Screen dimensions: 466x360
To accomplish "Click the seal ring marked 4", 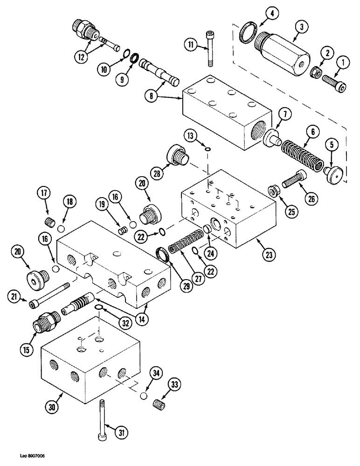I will (246, 34).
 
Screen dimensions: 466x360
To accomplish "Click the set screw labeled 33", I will (160, 402).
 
